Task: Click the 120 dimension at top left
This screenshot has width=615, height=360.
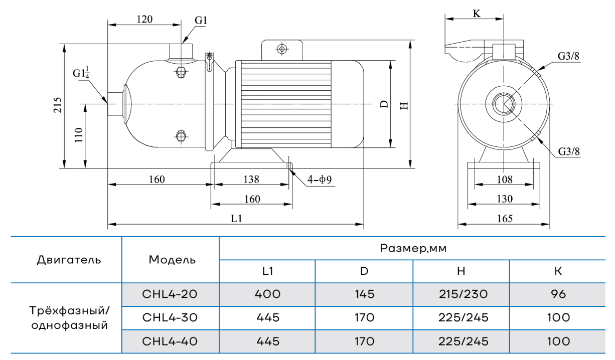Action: (144, 19)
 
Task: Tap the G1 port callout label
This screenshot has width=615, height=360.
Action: (201, 21)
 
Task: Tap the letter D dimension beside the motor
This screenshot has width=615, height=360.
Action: (384, 104)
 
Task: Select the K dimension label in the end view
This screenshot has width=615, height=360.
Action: (477, 14)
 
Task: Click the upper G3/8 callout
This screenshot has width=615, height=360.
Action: (568, 56)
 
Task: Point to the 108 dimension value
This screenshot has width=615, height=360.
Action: (504, 179)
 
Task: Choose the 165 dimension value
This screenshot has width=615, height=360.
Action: (504, 219)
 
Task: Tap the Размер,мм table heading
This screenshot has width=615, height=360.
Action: (413, 248)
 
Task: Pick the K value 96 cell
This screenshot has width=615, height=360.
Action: (558, 294)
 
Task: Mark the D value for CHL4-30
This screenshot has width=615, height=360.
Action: (364, 317)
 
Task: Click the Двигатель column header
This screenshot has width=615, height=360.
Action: (69, 260)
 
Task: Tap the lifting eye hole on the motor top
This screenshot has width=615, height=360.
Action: (282, 49)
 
